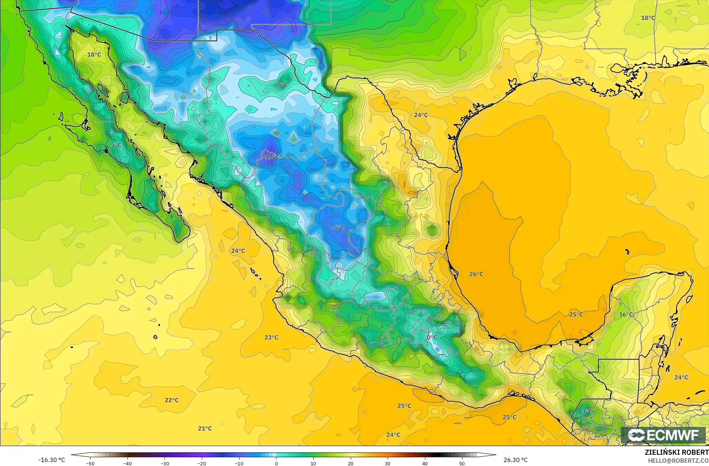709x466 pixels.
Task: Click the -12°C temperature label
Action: pos(271,157)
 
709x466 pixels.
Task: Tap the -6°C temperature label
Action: pos(338,227)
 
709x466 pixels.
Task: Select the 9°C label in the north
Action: pos(282,85)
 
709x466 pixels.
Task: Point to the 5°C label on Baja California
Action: pos(116,145)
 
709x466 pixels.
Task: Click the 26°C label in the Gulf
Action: pos(476,274)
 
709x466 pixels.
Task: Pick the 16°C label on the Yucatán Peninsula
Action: pos(626,314)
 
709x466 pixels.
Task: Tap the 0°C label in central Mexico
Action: pos(431,337)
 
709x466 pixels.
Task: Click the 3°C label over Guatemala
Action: pos(587,412)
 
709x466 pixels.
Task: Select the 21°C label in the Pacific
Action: pos(205,428)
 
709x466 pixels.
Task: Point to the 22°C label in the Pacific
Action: pos(171,400)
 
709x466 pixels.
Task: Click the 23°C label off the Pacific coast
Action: pos(271,337)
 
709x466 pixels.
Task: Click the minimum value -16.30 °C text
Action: pos(52,460)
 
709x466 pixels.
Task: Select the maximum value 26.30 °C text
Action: pos(516,460)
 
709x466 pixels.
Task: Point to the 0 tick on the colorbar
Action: pos(276,463)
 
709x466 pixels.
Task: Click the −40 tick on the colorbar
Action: pos(128,463)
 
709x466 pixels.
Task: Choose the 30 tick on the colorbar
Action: pos(387,463)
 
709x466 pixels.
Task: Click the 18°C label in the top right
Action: pos(648,18)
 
